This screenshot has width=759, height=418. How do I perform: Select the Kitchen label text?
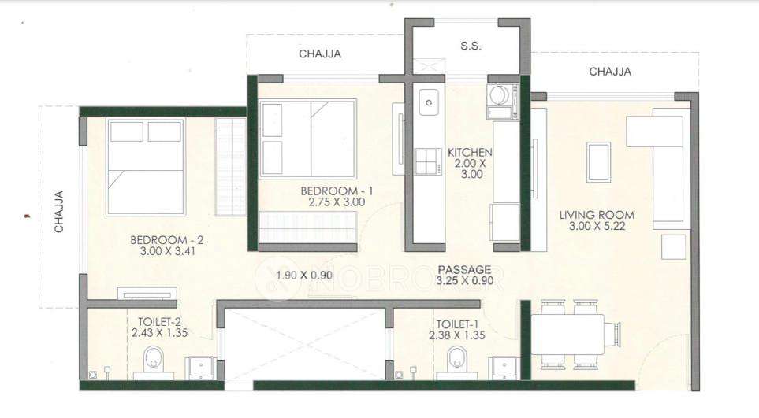[x=470, y=152]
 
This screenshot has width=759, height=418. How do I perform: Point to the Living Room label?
[x=597, y=215]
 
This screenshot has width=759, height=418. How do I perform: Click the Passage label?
[x=464, y=268]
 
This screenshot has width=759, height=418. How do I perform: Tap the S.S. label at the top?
[x=471, y=46]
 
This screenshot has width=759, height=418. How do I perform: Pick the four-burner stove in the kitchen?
[x=427, y=161]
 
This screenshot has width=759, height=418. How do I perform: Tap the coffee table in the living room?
[x=598, y=162]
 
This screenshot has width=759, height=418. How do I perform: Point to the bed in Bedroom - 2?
[x=146, y=166]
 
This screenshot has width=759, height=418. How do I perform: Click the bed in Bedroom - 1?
[x=308, y=139]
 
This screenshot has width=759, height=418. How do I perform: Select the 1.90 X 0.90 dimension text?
[x=305, y=275]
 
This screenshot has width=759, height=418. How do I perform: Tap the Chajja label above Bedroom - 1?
[x=321, y=54]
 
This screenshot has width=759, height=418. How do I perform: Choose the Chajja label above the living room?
[x=610, y=72]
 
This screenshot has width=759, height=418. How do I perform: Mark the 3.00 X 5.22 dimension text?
[x=597, y=227]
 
